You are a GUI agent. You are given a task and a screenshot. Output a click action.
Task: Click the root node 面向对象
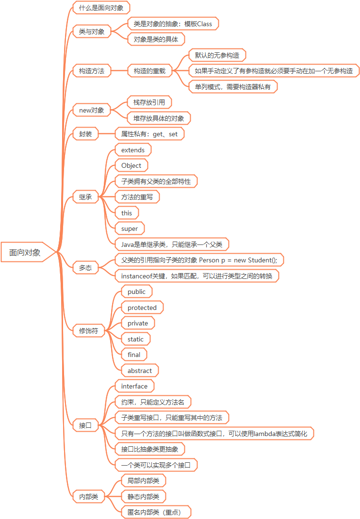25,252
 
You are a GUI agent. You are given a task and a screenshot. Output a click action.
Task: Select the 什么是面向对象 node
101,8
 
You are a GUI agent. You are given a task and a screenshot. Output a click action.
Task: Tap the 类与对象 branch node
92,32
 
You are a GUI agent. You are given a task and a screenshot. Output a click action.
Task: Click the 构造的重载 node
149,71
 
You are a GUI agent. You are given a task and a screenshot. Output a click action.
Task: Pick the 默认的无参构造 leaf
217,55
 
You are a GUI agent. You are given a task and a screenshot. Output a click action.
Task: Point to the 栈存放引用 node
149,102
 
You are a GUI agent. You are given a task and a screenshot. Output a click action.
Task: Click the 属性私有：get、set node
149,134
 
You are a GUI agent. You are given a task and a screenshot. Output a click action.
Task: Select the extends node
133,150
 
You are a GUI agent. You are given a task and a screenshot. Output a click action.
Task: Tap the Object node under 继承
131,165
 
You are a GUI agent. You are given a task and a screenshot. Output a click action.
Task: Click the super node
130,228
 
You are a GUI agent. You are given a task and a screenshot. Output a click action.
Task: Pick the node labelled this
127,213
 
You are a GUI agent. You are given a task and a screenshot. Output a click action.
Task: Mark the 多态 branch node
85,268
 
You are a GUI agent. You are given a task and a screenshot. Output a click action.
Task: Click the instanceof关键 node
196,276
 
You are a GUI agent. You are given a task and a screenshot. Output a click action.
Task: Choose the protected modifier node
142,308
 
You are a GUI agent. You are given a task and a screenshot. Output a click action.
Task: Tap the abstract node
140,371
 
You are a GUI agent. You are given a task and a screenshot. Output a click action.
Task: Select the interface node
134,386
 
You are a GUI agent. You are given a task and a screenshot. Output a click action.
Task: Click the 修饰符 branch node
88,331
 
